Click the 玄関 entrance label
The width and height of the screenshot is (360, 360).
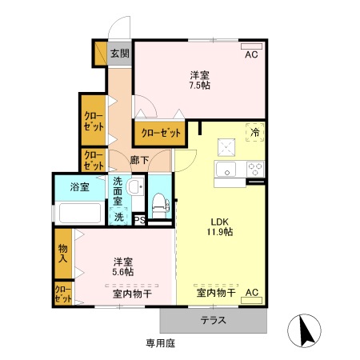point(121,54)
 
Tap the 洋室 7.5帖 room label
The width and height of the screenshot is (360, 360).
point(199,80)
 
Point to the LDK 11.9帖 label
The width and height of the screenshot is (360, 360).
point(221,226)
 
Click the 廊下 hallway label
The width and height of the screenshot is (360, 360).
point(139,161)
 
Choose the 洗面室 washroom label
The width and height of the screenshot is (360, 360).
point(121,192)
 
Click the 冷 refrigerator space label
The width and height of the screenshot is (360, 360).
point(255,132)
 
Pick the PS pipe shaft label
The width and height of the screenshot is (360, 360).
point(138,220)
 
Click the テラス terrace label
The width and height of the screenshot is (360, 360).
point(214,321)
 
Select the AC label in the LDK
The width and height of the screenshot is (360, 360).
point(251,293)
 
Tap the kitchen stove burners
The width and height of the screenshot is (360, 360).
point(255,169)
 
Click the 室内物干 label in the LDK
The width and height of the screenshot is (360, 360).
point(215,293)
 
